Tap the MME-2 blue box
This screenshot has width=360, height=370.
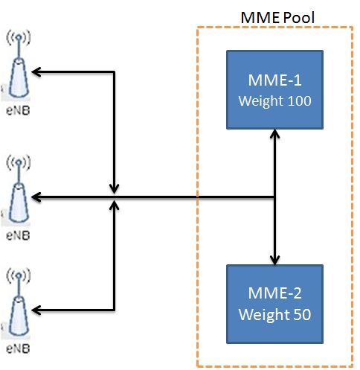coord(275,304)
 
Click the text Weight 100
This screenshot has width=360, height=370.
coord(275,101)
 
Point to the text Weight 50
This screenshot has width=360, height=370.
coord(275,314)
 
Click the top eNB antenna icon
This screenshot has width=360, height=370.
coord(16,71)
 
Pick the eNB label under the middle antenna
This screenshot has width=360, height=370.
coord(16,235)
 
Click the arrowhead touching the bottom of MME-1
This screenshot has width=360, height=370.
coord(276,134)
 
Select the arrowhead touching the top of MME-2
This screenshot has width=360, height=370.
coord(276,260)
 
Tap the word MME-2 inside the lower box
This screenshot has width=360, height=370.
coord(275,295)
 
